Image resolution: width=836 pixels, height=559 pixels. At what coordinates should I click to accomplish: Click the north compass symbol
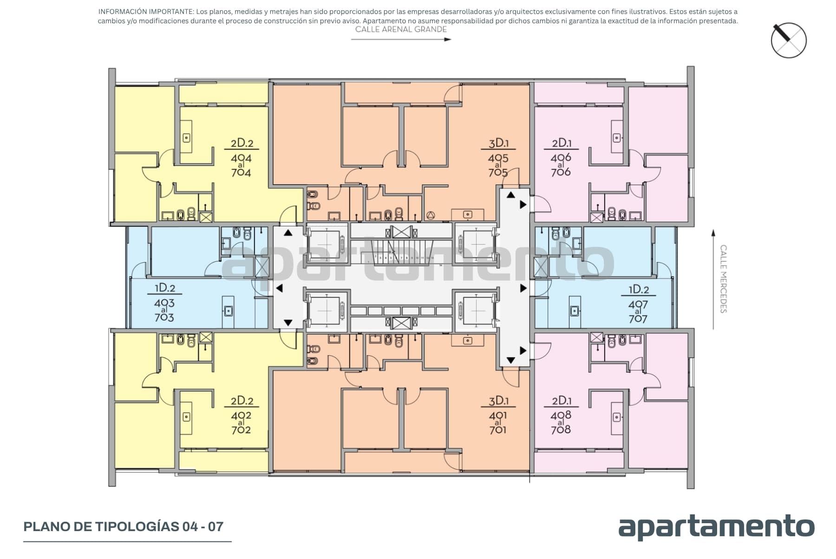789,40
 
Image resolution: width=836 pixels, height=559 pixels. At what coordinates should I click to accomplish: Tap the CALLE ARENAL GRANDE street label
401,29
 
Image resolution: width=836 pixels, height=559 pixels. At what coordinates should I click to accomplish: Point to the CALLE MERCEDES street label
723,279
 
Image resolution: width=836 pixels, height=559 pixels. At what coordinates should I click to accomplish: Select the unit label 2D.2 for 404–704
242,143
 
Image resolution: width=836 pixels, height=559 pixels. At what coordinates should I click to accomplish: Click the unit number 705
498,173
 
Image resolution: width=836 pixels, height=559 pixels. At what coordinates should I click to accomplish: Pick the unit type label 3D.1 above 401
498,401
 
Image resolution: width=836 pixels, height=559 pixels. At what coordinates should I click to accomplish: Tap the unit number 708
561,429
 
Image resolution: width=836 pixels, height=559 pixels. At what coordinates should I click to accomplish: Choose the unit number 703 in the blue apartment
164,318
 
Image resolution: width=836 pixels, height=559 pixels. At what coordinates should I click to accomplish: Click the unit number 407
638,305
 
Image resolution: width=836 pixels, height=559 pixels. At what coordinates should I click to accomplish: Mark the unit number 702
241,430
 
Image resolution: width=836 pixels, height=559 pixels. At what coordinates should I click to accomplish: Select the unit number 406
561,158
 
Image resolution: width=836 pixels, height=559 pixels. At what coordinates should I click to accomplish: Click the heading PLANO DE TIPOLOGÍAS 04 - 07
124,526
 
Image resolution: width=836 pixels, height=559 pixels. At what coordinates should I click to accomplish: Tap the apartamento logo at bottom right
716,527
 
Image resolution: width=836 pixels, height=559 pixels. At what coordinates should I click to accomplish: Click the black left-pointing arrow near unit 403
279,288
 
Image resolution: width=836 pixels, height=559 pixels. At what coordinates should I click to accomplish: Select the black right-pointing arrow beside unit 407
523,288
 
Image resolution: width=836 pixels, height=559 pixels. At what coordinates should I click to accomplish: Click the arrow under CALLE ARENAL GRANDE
401,40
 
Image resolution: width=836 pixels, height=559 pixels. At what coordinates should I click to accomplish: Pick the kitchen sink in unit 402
187,417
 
